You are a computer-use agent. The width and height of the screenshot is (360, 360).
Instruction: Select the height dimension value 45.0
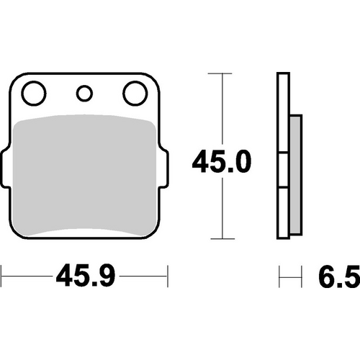pos(221,163)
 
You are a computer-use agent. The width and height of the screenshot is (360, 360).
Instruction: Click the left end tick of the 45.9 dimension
pos(2,274)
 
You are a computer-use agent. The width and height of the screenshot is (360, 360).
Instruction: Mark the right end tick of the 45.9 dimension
pos(167,274)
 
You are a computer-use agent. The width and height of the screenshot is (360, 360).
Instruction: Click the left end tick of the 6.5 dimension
pos(279,274)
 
